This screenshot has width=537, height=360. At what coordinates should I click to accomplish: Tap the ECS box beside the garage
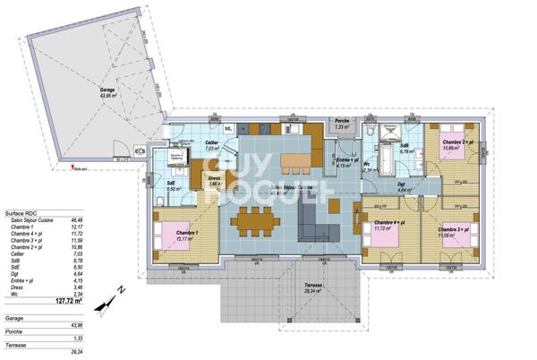click(141, 150)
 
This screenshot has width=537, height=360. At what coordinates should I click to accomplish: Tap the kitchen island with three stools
click(299, 163)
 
